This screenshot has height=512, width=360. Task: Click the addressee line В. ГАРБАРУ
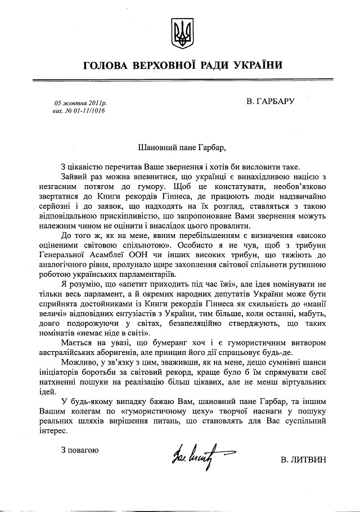tap(270, 102)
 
